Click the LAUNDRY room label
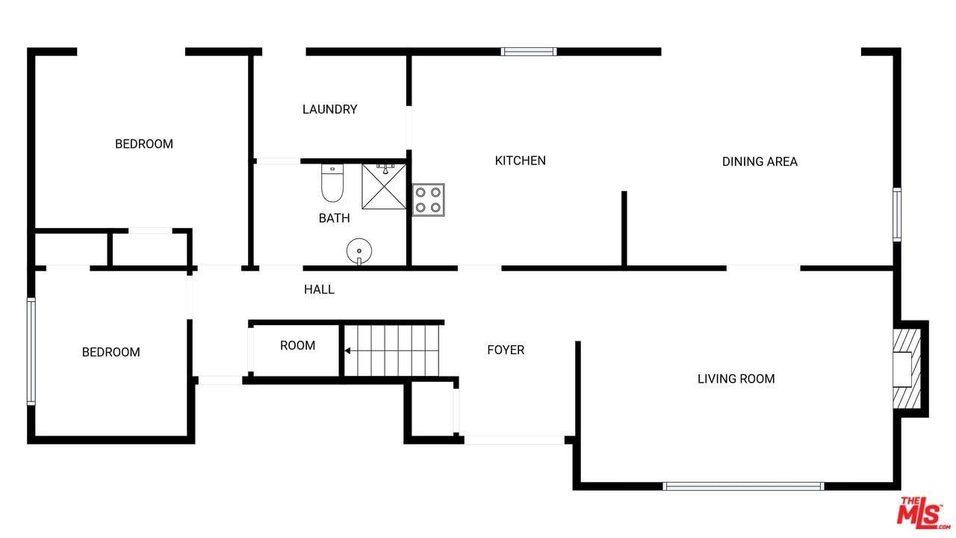[x=329, y=109]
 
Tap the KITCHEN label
[x=521, y=161]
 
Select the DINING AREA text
[x=760, y=161]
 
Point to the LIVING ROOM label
[x=736, y=379]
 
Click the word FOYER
[x=506, y=350]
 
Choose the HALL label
[x=319, y=289]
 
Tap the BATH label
[x=334, y=218]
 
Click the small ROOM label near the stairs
[x=297, y=345]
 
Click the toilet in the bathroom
[x=332, y=183]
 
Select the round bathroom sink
[x=359, y=251]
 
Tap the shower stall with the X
[x=384, y=187]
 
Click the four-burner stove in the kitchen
[x=428, y=200]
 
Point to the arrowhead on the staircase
[x=347, y=351]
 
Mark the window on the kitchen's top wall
[x=529, y=52]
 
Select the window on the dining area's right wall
[x=897, y=214]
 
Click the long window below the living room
[x=743, y=486]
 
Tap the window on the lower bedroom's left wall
[x=31, y=351]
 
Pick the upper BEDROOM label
[x=144, y=144]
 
